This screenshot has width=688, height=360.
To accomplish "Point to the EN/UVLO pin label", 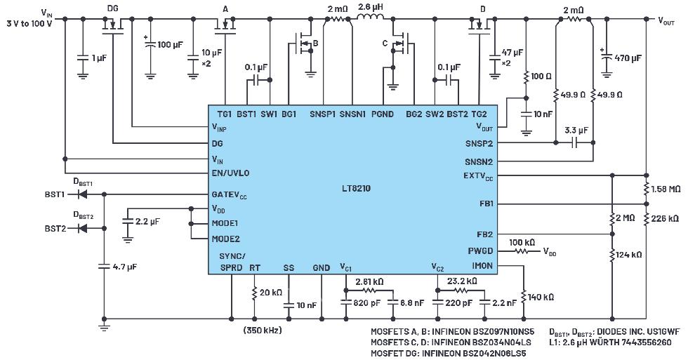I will pyautogui.click(x=230, y=173).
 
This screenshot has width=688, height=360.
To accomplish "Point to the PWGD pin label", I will pyautogui.click(x=480, y=251).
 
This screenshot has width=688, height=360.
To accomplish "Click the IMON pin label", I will pyautogui.click(x=482, y=266).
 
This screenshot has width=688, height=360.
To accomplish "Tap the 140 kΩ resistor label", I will pyautogui.click(x=540, y=297).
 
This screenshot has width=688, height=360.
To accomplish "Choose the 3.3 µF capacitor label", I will pyautogui.click(x=574, y=131).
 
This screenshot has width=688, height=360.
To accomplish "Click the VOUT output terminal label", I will pyautogui.click(x=668, y=20).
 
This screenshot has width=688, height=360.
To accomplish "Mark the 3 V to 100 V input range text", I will pyautogui.click(x=29, y=24).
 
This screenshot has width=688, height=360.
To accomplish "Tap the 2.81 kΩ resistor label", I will pyautogui.click(x=368, y=281).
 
